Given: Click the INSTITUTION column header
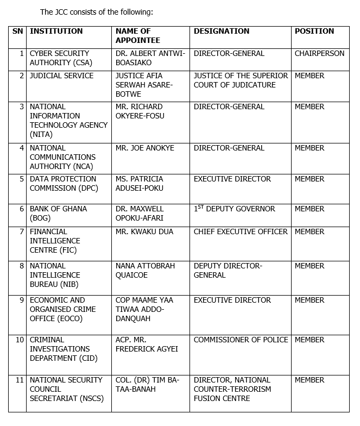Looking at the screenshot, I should [x=56, y=31].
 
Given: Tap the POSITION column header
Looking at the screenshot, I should [x=314, y=31].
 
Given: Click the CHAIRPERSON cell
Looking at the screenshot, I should [x=319, y=54].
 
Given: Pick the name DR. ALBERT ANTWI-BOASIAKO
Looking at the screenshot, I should [x=150, y=58].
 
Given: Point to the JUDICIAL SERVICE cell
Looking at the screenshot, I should [x=61, y=76].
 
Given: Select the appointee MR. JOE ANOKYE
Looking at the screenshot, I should [x=143, y=148].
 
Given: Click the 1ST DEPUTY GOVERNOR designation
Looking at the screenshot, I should [x=234, y=209].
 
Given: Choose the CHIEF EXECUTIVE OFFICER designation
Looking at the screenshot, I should [x=241, y=232].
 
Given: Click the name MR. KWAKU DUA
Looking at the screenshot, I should [x=144, y=232].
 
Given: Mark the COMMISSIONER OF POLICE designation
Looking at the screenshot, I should [x=241, y=340].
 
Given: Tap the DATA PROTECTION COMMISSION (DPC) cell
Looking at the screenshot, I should [x=62, y=184].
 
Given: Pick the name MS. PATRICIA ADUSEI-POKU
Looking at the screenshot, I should [x=139, y=184].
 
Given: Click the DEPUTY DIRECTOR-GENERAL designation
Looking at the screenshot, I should [x=228, y=271].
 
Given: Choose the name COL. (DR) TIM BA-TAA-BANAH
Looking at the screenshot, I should [x=147, y=385].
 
